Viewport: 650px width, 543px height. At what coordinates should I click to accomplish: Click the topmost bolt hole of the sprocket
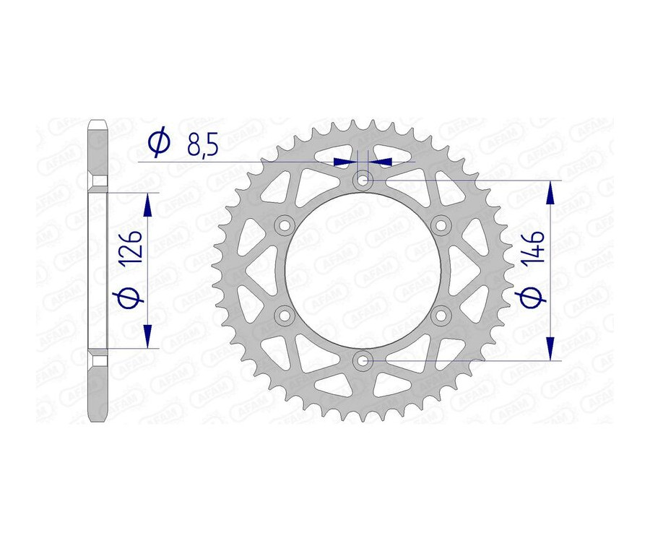click(363, 180)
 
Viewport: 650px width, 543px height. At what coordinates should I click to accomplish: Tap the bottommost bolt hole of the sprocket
click(363, 359)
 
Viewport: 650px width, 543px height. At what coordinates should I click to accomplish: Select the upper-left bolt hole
click(285, 225)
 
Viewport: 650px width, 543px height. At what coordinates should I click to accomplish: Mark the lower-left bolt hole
click(285, 314)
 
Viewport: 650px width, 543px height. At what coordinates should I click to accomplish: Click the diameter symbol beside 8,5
click(158, 142)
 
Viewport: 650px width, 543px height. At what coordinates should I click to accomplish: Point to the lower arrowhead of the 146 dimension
click(552, 347)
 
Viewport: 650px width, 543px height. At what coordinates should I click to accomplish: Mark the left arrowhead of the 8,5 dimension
click(344, 161)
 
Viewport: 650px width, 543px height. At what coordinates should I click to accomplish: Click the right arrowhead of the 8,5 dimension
click(381, 161)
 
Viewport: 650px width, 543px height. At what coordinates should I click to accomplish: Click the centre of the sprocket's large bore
click(363, 269)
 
